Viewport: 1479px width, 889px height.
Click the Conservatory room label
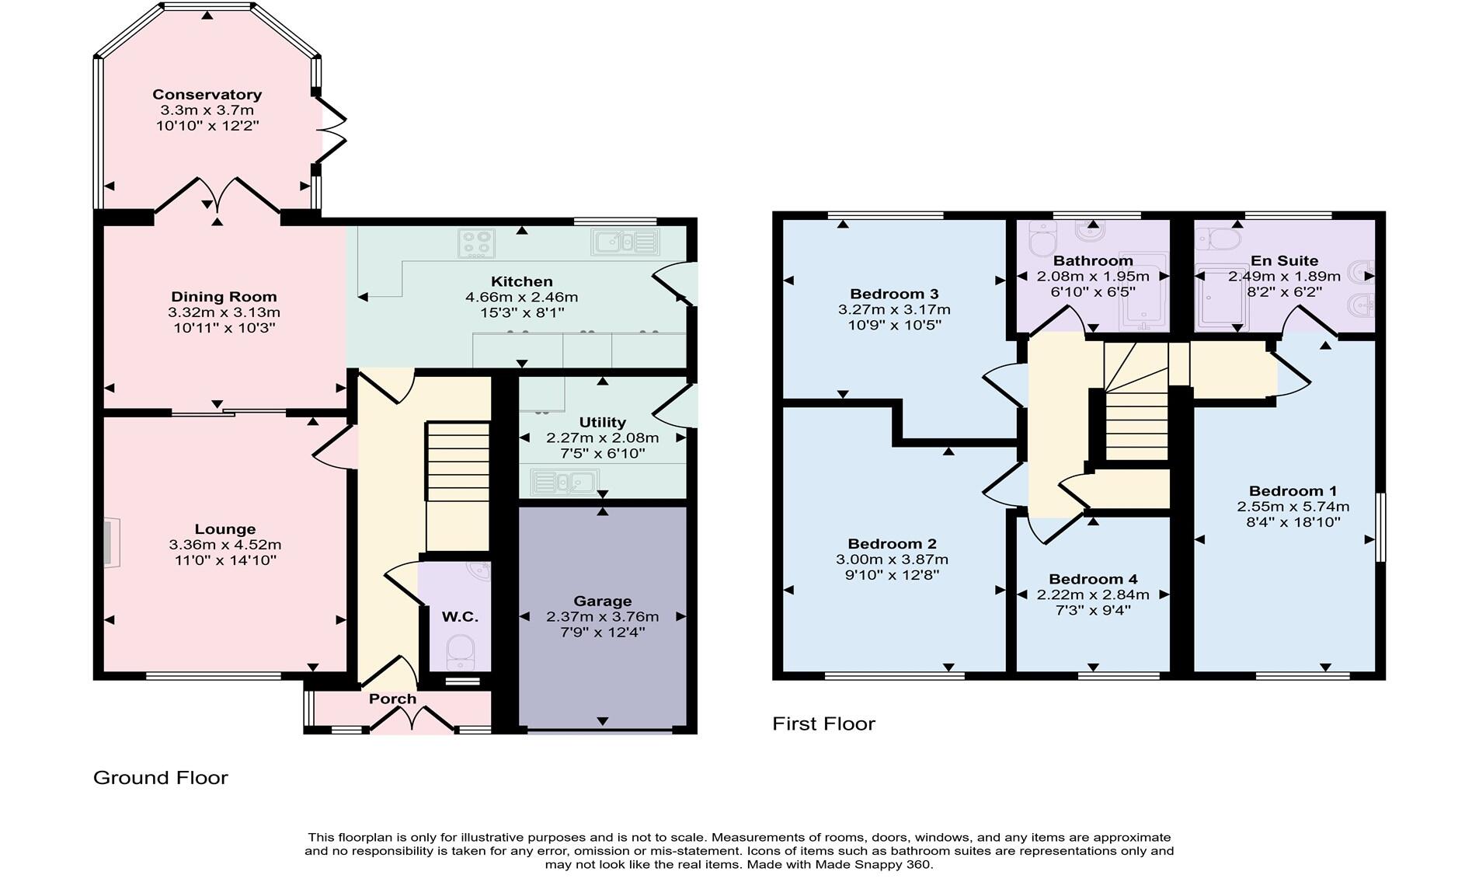[x=207, y=95]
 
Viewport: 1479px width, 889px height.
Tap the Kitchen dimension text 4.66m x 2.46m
[x=521, y=297]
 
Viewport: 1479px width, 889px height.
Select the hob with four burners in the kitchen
[x=476, y=243]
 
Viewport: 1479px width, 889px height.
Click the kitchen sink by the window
[x=625, y=242]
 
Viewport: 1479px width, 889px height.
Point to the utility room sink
[x=565, y=483]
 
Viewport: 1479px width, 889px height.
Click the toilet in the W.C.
[x=461, y=651]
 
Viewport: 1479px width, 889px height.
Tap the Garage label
[x=602, y=601]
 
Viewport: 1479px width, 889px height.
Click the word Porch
[x=392, y=699]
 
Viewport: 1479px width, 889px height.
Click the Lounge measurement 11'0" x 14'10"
[x=224, y=560]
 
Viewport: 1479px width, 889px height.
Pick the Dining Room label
[x=224, y=296]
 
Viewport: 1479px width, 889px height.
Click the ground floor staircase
[x=458, y=486]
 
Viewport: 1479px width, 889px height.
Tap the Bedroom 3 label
[x=894, y=294]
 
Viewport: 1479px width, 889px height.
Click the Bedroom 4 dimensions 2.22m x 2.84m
[x=1092, y=594]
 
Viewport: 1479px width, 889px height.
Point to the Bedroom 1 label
[x=1293, y=490]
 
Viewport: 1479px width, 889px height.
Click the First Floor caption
[x=823, y=723]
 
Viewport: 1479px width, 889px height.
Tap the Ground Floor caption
[x=161, y=777]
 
